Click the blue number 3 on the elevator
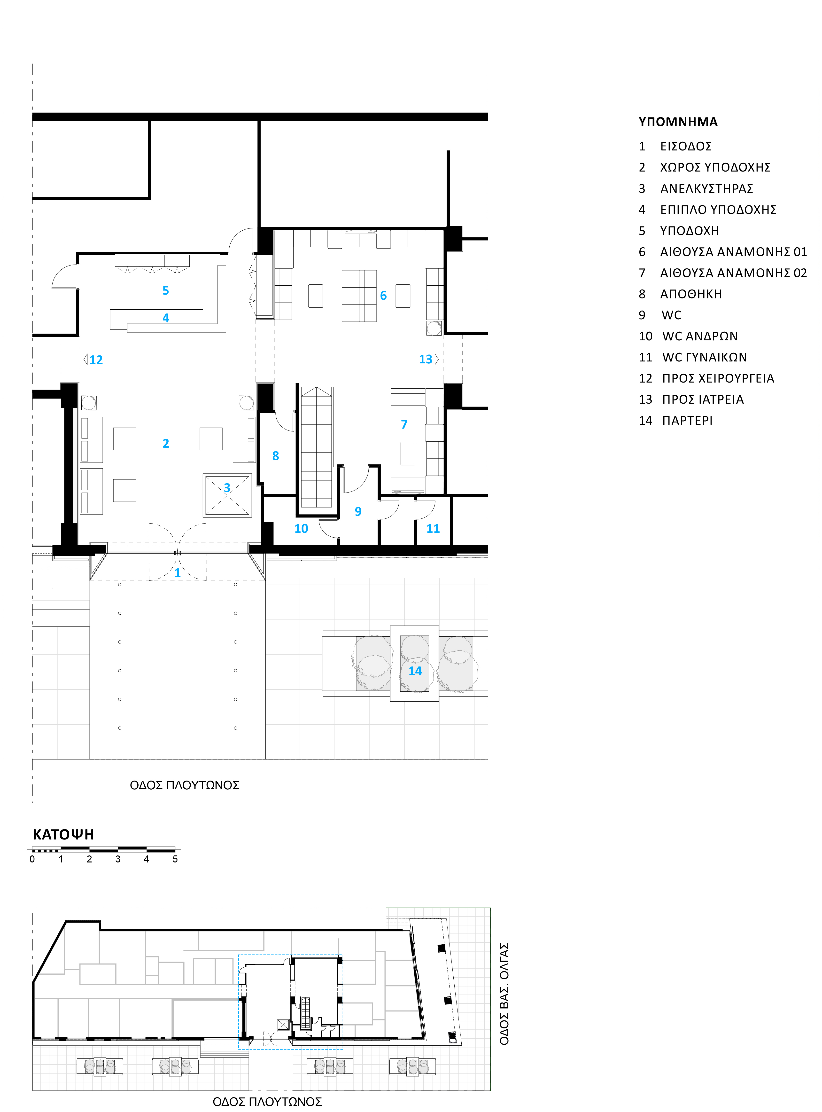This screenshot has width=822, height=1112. [x=227, y=488]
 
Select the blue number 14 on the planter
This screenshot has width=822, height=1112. [x=415, y=671]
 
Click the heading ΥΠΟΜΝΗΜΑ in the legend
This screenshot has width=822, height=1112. [x=678, y=122]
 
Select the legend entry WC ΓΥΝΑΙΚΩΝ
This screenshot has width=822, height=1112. [x=704, y=357]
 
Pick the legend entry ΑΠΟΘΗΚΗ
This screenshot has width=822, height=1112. [x=691, y=294]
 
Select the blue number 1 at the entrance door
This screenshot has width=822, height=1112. [x=177, y=573]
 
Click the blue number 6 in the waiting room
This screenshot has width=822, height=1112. [x=383, y=296]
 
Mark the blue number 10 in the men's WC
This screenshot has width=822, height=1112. [x=301, y=529]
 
